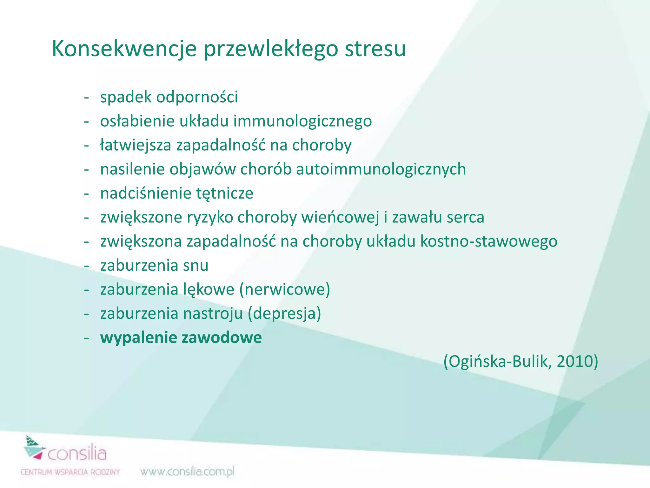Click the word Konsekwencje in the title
124,49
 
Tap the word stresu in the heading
375,49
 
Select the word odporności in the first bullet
197,97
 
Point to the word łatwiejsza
136,146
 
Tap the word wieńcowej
340,218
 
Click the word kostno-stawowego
489,241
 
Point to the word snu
196,266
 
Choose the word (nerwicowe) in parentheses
285,290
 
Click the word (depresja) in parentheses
284,314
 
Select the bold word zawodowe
222,337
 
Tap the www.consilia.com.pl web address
187,472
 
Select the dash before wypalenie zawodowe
86,338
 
